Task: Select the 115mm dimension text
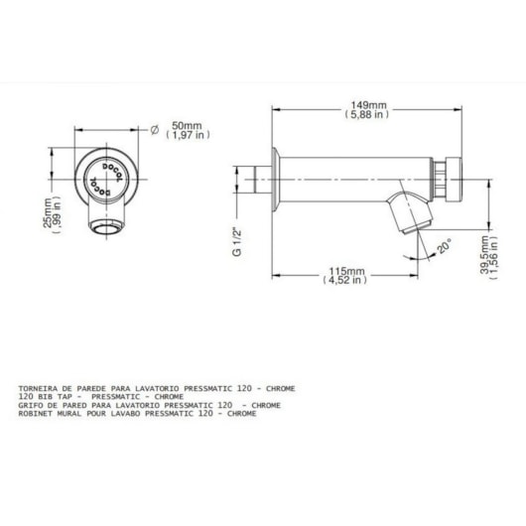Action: [x=344, y=270]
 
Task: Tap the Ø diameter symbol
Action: [x=155, y=131]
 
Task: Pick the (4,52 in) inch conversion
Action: [x=344, y=281]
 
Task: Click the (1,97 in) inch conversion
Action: [x=187, y=137]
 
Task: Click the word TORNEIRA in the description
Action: [x=40, y=388]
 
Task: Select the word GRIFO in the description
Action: [x=32, y=404]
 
